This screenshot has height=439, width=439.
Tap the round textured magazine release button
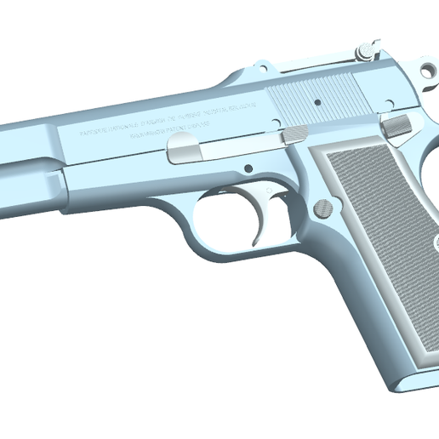pyautogui.click(x=323, y=208)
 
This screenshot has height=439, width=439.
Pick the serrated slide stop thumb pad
pyautogui.click(x=294, y=133)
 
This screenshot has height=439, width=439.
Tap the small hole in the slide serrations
pyautogui.click(x=316, y=101)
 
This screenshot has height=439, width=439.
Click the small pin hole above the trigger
pyautogui.click(x=249, y=168)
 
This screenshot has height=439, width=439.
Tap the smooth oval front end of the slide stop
pyautogui.click(x=185, y=151)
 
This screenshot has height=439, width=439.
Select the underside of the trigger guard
pyautogui.click(x=238, y=251)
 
